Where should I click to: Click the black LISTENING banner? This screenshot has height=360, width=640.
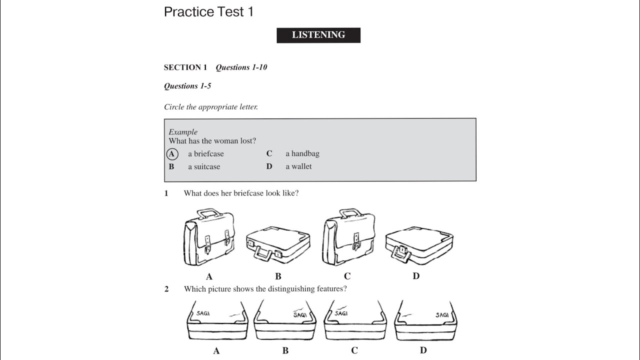point(318,35)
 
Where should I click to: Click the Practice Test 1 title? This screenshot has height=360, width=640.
point(208,12)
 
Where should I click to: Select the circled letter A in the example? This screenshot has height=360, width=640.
point(171,154)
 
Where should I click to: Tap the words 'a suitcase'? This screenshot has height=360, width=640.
point(204,167)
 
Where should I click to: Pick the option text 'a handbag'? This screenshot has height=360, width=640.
point(302,154)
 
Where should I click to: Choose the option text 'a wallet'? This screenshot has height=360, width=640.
point(298,167)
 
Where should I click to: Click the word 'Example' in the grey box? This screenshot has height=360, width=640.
point(183,132)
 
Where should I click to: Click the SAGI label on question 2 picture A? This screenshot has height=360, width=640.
point(203,313)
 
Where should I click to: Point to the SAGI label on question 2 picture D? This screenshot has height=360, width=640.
point(441,315)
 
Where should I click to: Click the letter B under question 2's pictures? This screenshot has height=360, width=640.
point(285,351)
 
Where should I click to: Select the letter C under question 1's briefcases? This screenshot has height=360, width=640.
point(347,276)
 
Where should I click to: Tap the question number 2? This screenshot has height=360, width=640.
point(166,289)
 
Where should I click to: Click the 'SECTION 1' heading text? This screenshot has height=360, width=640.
point(185,67)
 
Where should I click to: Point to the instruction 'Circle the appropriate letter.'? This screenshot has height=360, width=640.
point(211,107)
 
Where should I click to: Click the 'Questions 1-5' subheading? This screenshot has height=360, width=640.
point(187,86)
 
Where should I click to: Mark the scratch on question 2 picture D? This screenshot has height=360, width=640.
point(407,315)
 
